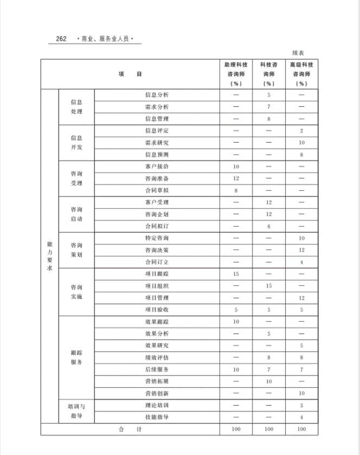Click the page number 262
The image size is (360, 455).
pyautogui.click(x=60, y=39)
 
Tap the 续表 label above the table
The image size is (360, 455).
pyautogui.click(x=298, y=53)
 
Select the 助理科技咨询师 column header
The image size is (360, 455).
pyautogui.click(x=236, y=74)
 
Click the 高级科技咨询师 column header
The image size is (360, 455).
pyautogui.click(x=301, y=74)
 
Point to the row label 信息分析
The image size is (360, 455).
pyautogui.click(x=157, y=95)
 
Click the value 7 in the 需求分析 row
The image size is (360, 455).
pyautogui.click(x=268, y=107)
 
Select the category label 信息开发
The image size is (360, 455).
pyautogui.click(x=76, y=143)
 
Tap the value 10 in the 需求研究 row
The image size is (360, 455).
pyautogui.click(x=301, y=143)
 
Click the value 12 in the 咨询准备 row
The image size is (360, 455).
pyautogui.click(x=236, y=178)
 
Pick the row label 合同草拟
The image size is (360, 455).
pyautogui.click(x=157, y=190)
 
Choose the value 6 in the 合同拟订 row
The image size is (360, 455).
pyautogui.click(x=268, y=226)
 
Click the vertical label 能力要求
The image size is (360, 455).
pyautogui.click(x=49, y=256)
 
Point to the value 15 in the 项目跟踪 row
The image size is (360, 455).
pyautogui.click(x=236, y=274)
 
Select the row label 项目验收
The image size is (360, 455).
pyautogui.click(x=157, y=310)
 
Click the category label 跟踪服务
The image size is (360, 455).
pyautogui.click(x=76, y=357)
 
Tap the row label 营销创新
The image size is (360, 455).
pyautogui.click(x=157, y=393)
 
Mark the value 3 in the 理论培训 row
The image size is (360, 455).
pyautogui.click(x=301, y=405)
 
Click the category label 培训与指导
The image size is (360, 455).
pyautogui.click(x=76, y=411)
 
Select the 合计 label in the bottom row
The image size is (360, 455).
pyautogui.click(x=130, y=429)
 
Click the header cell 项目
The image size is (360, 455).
pyautogui.click(x=130, y=74)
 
